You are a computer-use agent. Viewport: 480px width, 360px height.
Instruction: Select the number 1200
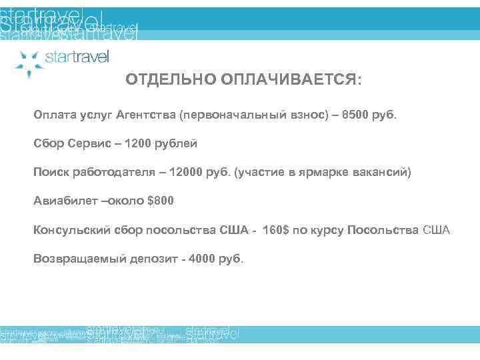(141, 143)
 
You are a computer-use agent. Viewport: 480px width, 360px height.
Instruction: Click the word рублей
(177, 143)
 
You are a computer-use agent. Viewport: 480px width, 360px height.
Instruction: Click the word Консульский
(71, 230)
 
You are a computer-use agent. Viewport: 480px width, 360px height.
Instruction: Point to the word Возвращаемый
(75, 259)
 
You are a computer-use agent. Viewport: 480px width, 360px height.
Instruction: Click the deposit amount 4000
(202, 259)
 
